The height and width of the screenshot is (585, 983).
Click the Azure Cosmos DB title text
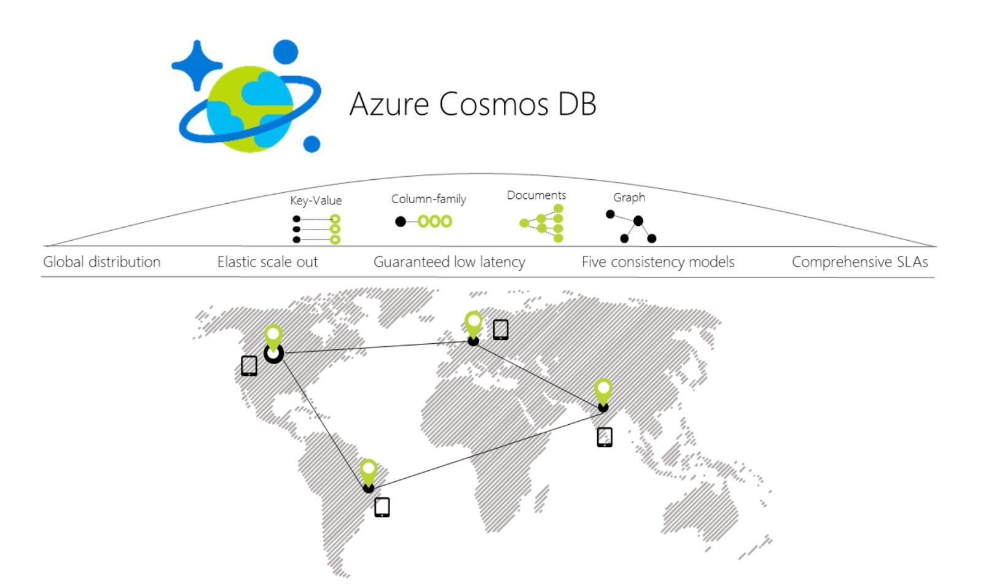(472, 104)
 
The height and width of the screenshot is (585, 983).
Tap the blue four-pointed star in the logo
(197, 65)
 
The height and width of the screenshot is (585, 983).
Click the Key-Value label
(316, 201)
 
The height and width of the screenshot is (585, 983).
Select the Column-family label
(428, 199)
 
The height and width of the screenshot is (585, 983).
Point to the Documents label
(536, 195)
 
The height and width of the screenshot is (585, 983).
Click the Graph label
(629, 197)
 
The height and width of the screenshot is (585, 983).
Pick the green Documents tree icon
(542, 223)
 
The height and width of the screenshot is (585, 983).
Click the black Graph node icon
(632, 226)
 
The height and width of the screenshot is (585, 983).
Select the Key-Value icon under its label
(316, 229)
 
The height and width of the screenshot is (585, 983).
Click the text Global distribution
(101, 262)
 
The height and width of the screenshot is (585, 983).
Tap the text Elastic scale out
(267, 262)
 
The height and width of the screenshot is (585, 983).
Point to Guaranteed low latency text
(449, 262)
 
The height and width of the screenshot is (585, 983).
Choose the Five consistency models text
(658, 262)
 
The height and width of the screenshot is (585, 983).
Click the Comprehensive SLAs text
(860, 262)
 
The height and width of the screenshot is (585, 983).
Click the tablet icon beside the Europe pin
(501, 330)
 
